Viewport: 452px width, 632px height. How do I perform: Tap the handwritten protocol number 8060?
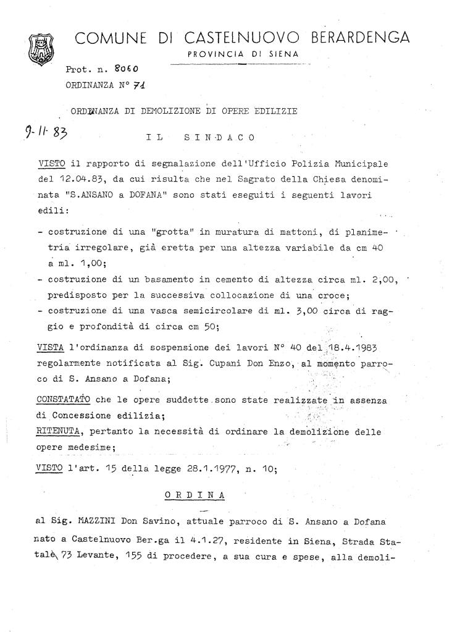126,69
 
